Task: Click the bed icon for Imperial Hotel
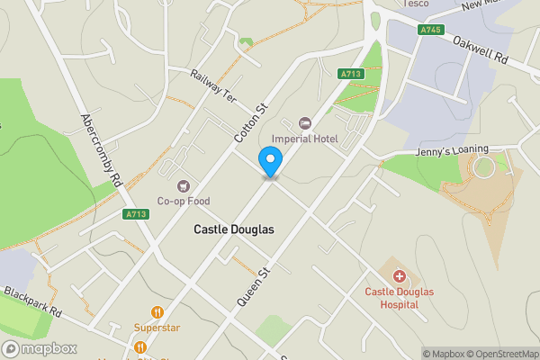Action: (304, 122)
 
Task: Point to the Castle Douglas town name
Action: (234, 229)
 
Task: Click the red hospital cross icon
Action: (400, 275)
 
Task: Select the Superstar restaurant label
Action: (156, 328)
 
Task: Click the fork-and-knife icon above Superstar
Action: (157, 311)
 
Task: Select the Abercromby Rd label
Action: (100, 148)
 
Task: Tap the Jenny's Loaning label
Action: (452, 150)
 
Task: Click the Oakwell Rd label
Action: (481, 53)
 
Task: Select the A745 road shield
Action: (430, 30)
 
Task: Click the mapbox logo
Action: (39, 348)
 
